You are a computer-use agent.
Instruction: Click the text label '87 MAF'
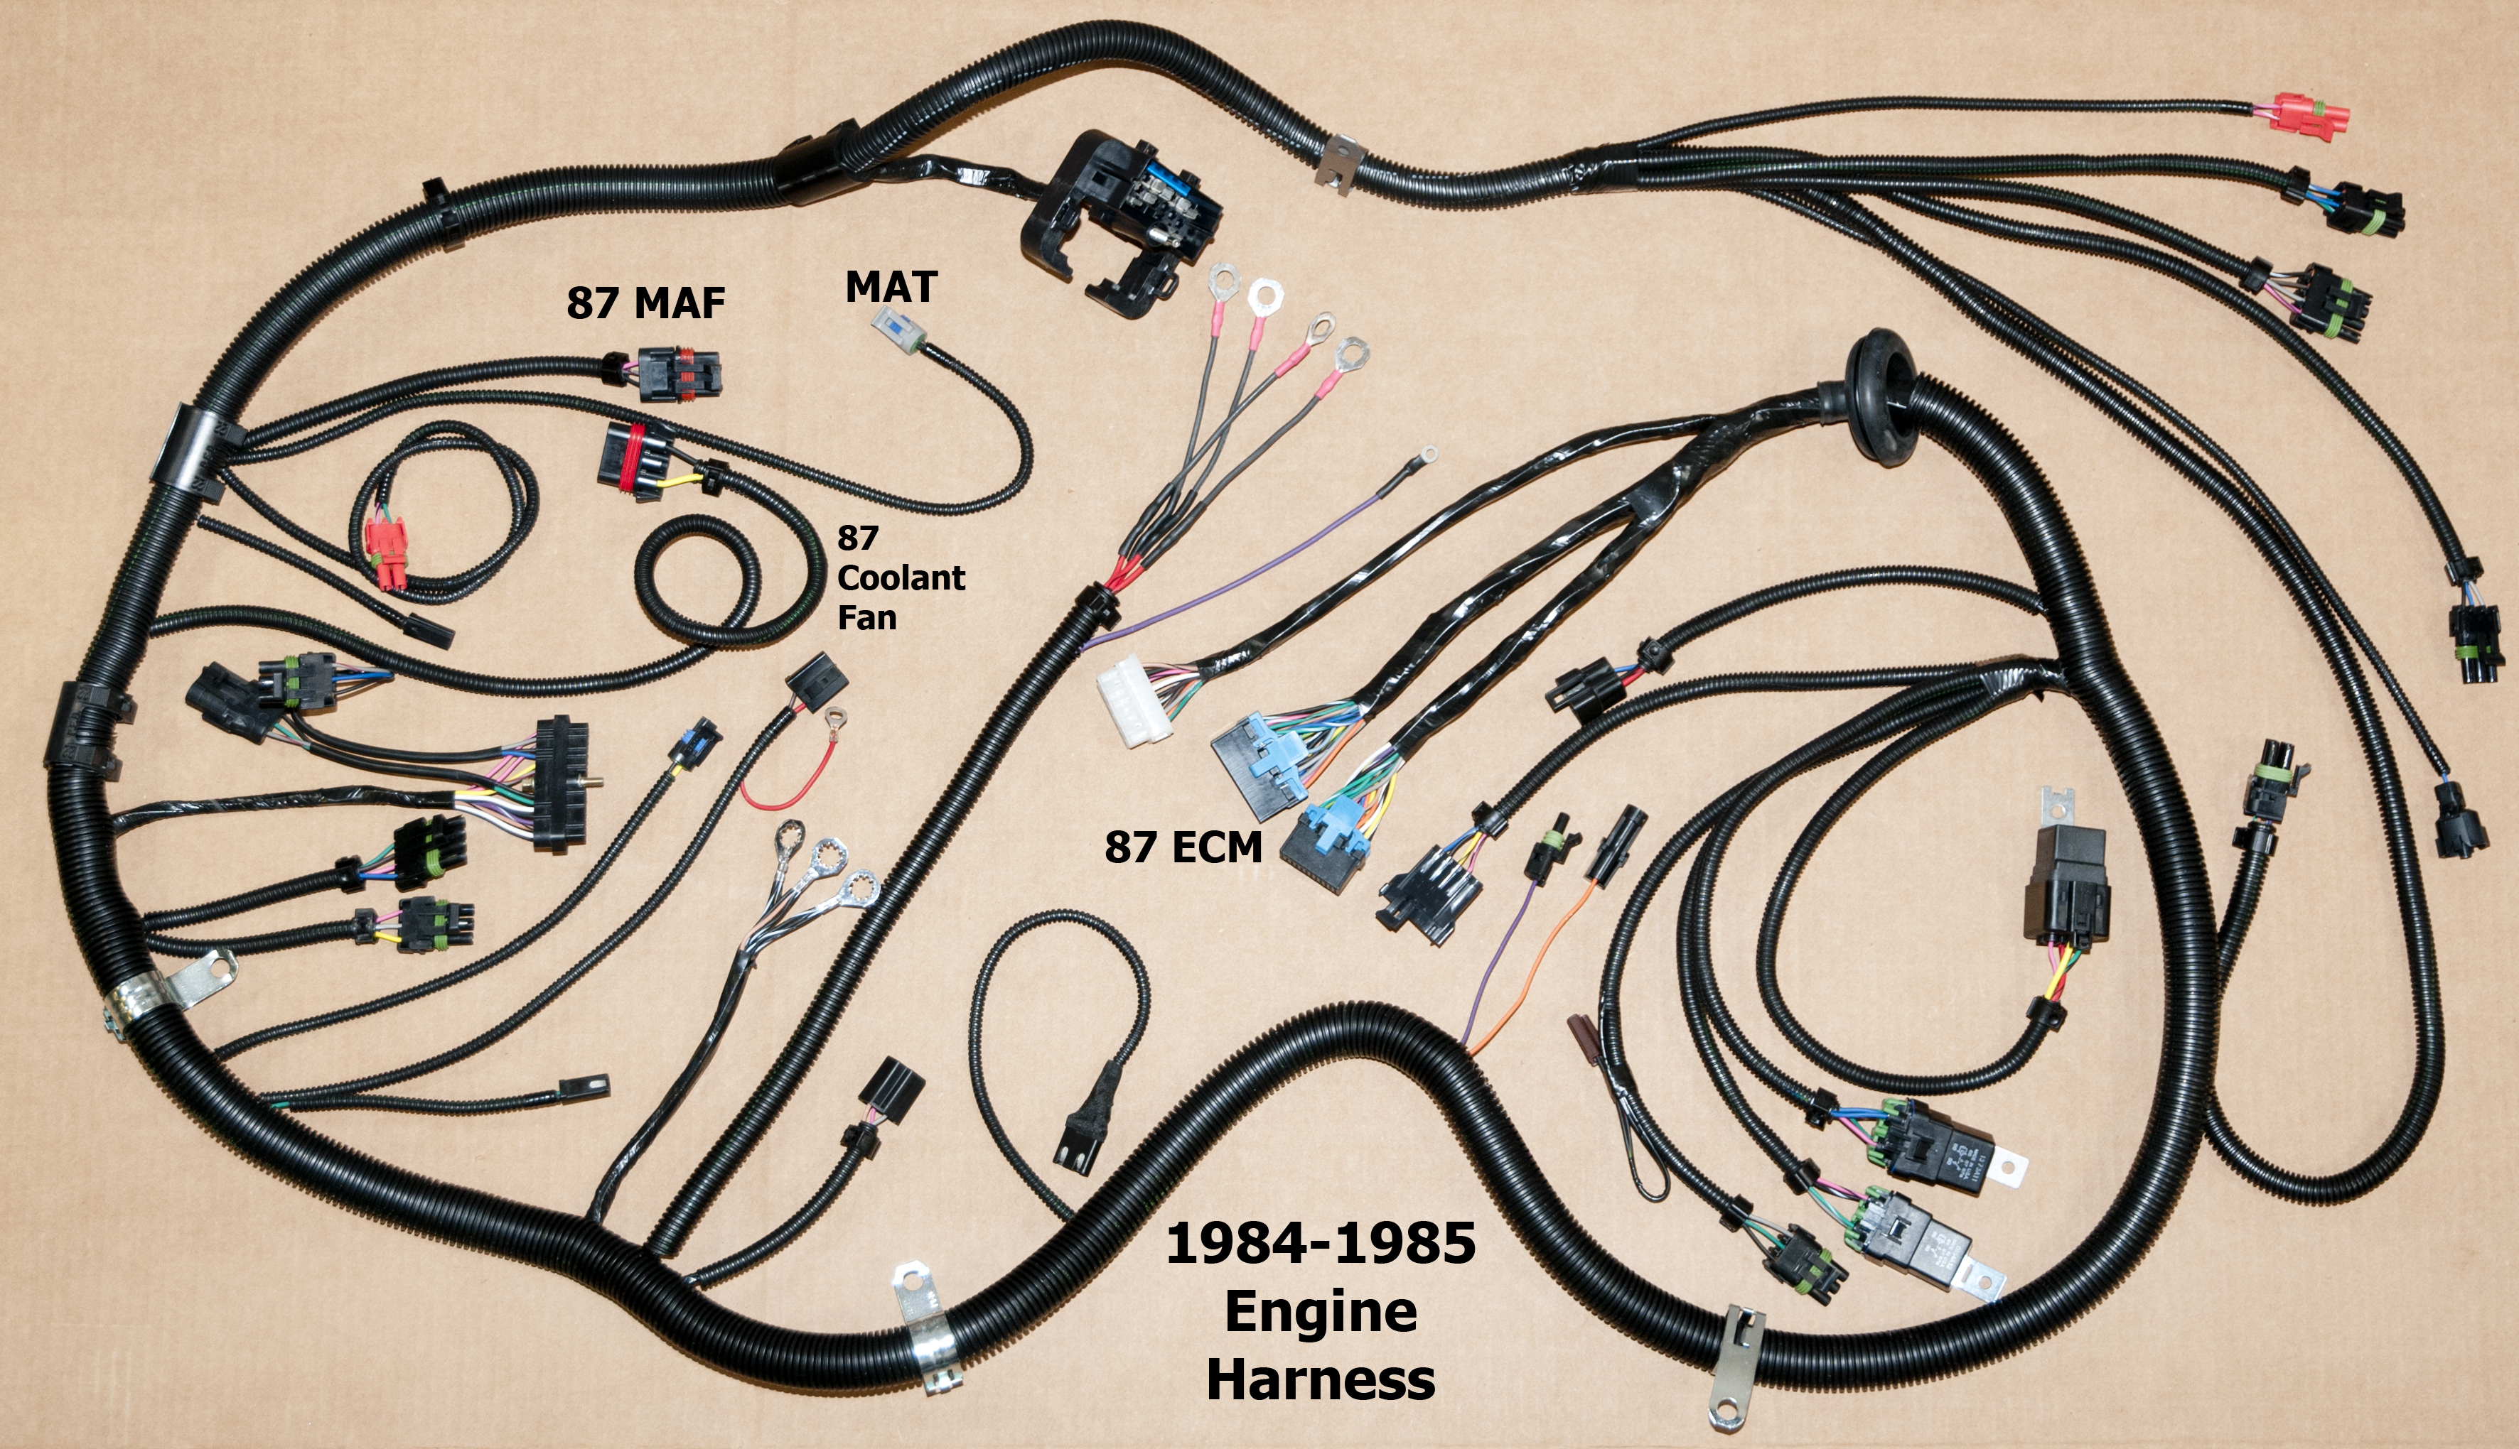[x=645, y=303]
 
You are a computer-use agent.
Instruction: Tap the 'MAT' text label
[x=891, y=287]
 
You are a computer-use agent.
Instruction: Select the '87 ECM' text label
[x=1183, y=847]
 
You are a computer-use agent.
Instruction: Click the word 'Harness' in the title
[x=1320, y=1380]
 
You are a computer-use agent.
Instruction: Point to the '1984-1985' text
[x=1320, y=1244]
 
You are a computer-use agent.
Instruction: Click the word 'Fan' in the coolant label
[x=866, y=618]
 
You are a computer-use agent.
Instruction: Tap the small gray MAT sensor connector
[x=894, y=327]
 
